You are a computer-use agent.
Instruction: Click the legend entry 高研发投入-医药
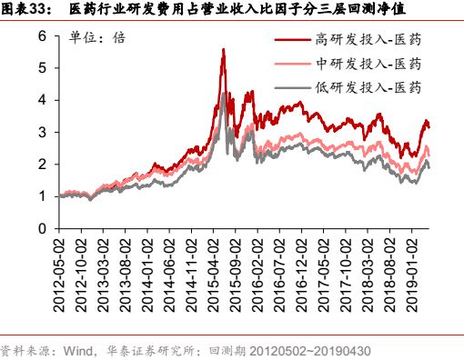tap(368, 41)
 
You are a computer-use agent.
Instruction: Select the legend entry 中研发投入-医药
tap(368, 64)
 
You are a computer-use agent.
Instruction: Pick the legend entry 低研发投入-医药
tap(368, 87)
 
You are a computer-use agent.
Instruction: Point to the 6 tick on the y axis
tap(43, 35)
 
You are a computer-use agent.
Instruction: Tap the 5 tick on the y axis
tap(43, 68)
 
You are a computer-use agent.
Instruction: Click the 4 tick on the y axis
tap(43, 100)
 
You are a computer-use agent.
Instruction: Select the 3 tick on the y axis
tap(43, 133)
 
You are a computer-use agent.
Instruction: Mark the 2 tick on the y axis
tap(43, 165)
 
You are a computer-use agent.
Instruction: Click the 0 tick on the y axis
tap(43, 229)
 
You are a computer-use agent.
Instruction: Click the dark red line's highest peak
tap(223, 50)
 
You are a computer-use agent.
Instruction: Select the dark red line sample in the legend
tap(292, 41)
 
